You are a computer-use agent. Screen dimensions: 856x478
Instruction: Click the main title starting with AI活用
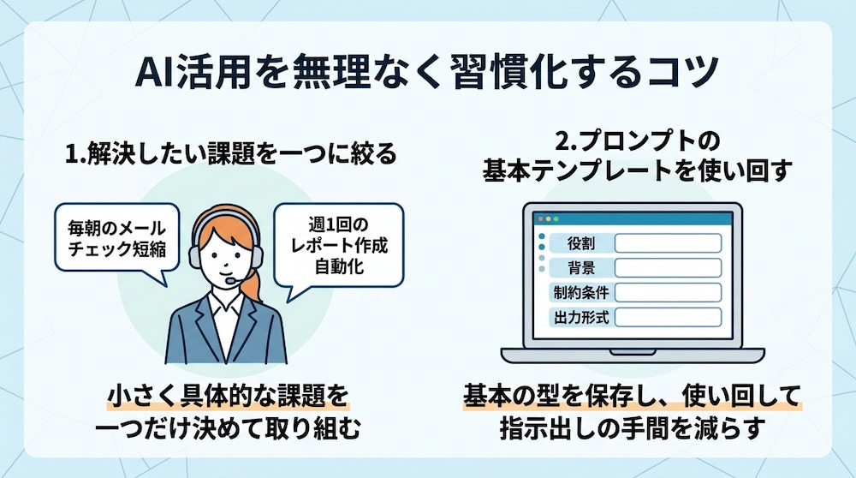click(x=426, y=72)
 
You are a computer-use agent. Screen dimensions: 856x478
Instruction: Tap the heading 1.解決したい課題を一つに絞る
click(x=231, y=153)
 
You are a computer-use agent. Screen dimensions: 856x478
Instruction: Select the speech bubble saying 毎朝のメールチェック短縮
click(x=116, y=241)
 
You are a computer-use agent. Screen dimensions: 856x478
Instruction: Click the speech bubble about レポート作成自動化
click(x=338, y=248)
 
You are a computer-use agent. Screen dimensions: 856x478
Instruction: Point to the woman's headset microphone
click(x=232, y=280)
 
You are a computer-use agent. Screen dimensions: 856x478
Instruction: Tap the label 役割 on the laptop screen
click(x=581, y=243)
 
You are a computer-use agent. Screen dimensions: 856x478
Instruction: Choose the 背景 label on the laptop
click(x=581, y=267)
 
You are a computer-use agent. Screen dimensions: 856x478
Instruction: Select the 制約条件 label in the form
click(x=581, y=292)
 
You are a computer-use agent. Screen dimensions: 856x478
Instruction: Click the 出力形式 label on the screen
click(x=581, y=317)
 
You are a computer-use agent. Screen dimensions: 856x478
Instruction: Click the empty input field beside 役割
click(x=669, y=243)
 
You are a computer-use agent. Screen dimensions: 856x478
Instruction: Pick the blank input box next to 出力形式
click(x=669, y=317)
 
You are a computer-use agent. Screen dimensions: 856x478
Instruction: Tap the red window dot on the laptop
click(x=541, y=218)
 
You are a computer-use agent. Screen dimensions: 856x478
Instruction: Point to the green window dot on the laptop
click(x=556, y=218)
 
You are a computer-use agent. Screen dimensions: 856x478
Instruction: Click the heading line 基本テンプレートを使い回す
click(x=637, y=170)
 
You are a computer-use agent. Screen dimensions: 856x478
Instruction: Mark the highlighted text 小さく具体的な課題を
click(x=228, y=396)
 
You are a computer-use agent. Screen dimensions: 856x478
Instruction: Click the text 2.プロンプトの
click(x=638, y=141)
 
